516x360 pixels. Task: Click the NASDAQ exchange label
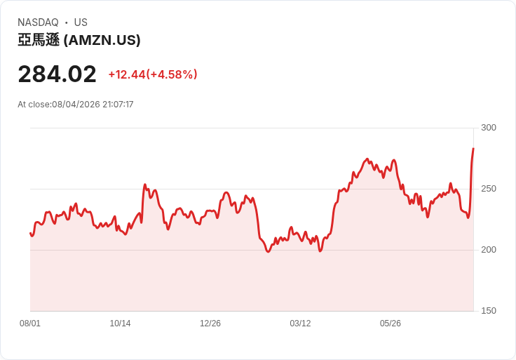click(38, 22)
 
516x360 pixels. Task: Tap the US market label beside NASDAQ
click(81, 22)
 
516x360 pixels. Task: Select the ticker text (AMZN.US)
click(102, 40)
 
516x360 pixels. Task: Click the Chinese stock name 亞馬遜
click(39, 40)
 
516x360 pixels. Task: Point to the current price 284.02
click(57, 74)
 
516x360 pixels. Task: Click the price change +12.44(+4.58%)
click(153, 74)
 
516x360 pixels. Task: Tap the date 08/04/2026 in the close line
click(76, 105)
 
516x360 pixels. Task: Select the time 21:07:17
click(118, 105)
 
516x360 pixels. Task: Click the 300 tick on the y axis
click(489, 128)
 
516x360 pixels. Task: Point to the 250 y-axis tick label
click(489, 189)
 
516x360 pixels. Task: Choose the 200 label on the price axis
click(489, 250)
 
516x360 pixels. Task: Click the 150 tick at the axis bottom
click(489, 311)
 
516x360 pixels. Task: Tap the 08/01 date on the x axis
click(30, 324)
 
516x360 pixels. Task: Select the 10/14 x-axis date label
click(120, 324)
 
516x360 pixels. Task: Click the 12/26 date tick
click(210, 324)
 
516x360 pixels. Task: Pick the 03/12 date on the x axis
click(300, 324)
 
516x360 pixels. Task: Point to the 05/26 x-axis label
click(391, 324)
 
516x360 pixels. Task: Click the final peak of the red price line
click(473, 149)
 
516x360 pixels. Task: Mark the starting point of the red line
click(30, 233)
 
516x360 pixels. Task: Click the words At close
click(34, 105)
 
